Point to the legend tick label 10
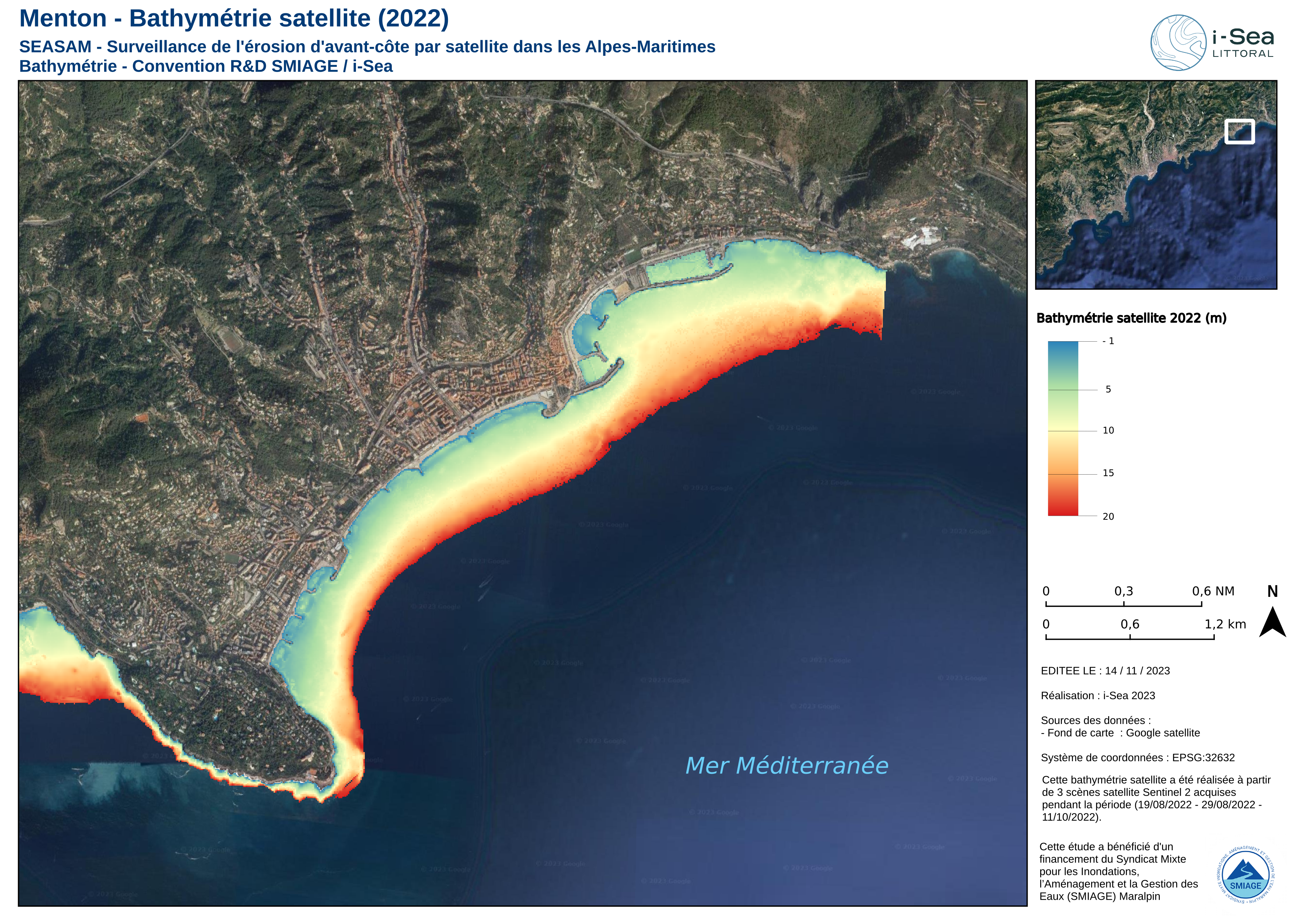click(1108, 430)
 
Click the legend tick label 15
click(1108, 473)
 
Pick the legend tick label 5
click(1108, 389)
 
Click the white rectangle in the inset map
click(1239, 131)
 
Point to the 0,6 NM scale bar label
click(1213, 591)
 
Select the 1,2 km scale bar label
click(1225, 624)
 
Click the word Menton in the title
click(63, 18)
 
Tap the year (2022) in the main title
click(414, 18)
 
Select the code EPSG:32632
click(1203, 758)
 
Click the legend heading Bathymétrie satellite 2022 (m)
click(1131, 318)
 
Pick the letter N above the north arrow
click(1272, 591)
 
